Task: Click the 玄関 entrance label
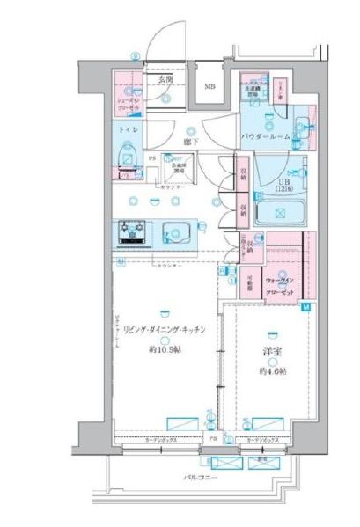coord(164,80)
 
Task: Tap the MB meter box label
coord(210,86)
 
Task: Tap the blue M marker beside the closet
coord(305,307)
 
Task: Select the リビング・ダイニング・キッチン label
coord(165,329)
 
